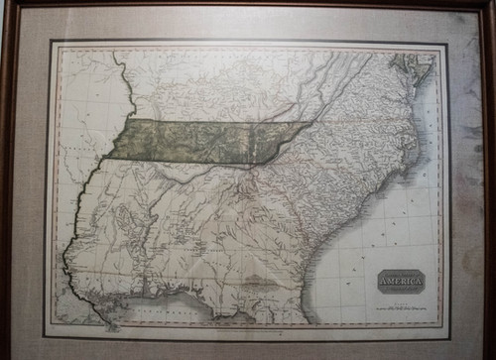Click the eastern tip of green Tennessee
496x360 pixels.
tap(312, 123)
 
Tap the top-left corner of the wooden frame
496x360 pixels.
tap(3, 3)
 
